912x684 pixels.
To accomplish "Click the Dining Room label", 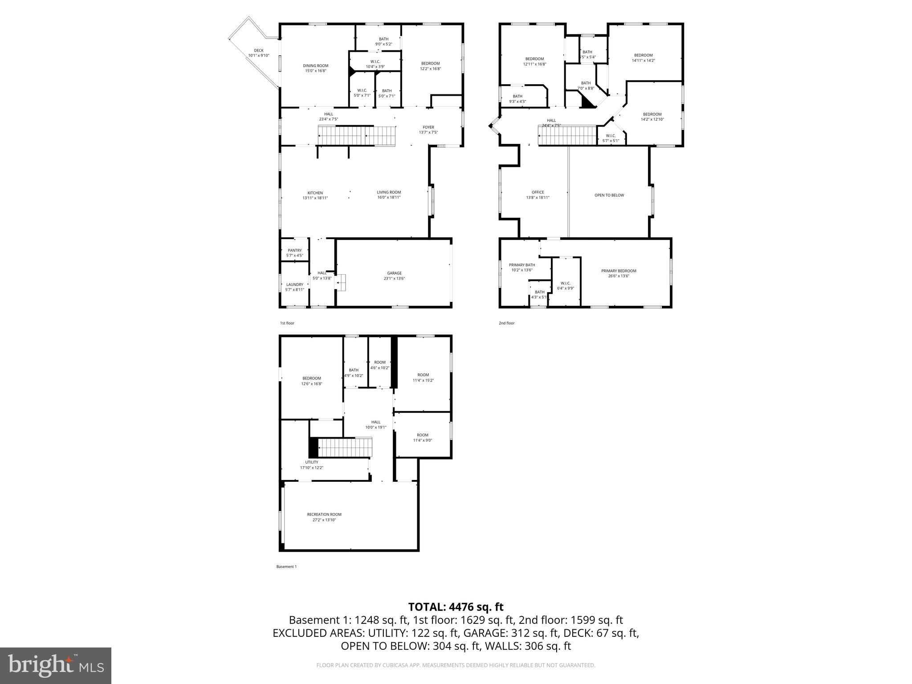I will (315, 65).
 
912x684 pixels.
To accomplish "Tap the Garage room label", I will (394, 273).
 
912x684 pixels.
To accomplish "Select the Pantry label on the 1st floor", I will (294, 250).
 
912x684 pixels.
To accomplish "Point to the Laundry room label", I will (294, 285).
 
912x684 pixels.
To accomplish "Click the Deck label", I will (259, 50).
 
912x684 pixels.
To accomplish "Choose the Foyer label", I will (428, 127).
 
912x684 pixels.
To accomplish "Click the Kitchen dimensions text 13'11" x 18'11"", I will (315, 198).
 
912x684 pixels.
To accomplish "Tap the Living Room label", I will (389, 192).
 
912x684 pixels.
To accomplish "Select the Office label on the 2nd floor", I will (537, 192).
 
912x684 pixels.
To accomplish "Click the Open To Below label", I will (609, 195).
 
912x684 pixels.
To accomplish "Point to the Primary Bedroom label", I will (618, 271).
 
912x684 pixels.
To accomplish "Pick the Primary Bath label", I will (521, 265).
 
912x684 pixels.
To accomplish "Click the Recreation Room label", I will (324, 514).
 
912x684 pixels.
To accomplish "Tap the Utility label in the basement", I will (311, 462).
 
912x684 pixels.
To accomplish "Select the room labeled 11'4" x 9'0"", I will (422, 437).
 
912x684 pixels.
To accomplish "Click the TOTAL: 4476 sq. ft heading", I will (456, 607).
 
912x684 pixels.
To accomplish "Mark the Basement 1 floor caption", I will (286, 566).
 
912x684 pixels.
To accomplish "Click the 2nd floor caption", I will (506, 323).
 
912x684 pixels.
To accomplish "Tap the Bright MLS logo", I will (56, 665).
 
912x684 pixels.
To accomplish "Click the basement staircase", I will (345, 448).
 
